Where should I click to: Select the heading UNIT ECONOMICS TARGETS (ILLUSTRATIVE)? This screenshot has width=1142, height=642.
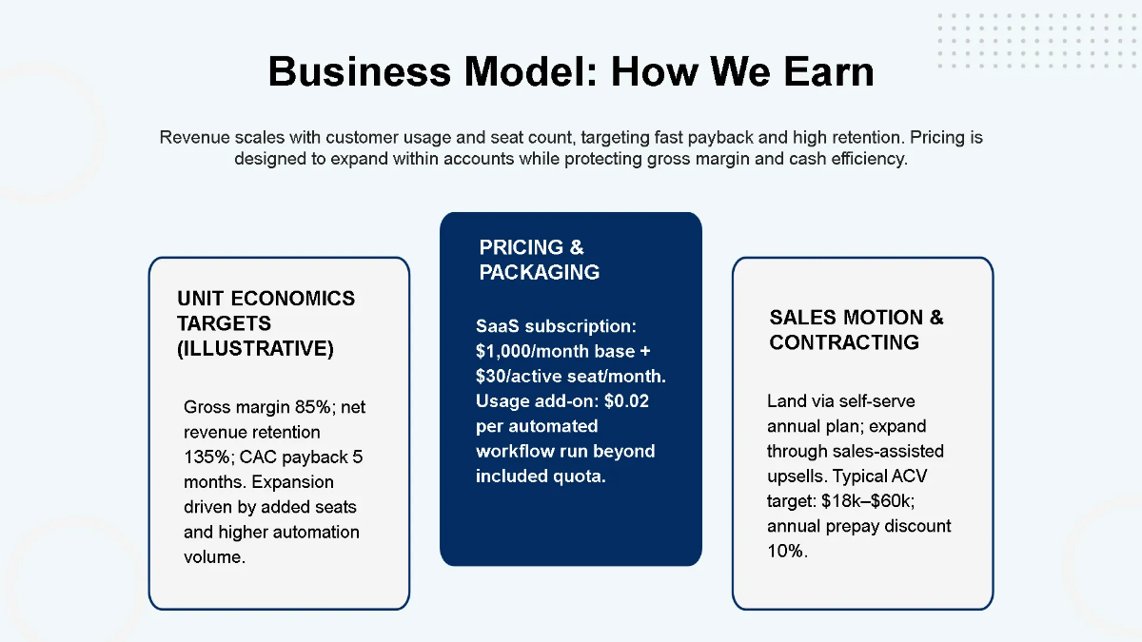pos(266,323)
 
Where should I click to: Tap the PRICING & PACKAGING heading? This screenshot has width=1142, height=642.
pos(539,260)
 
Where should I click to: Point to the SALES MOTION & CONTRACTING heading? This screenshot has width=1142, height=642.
pos(856,330)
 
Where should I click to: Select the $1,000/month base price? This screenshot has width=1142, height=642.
pos(556,351)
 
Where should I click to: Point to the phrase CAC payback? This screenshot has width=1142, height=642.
pos(281,457)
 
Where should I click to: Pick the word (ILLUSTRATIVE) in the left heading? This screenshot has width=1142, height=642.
pos(255,349)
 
